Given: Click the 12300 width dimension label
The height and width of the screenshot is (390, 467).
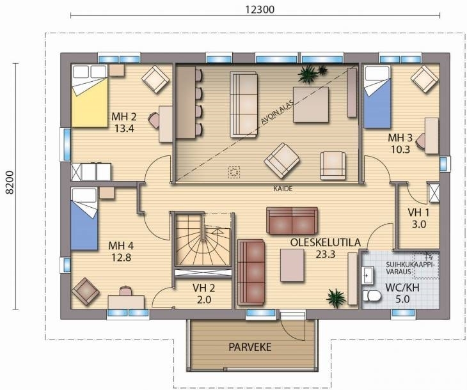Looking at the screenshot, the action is click(260, 10).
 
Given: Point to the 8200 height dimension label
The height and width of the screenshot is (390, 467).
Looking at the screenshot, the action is click(10, 182).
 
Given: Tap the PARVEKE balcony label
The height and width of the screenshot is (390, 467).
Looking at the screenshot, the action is click(250, 347).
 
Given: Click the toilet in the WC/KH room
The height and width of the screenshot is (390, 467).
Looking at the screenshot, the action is click(372, 296).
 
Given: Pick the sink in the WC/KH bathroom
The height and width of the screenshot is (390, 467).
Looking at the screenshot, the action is click(367, 276).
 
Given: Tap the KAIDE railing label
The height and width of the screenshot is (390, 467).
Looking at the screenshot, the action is click(283, 189).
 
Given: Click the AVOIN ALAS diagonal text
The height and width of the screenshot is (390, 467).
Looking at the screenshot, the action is click(277, 111).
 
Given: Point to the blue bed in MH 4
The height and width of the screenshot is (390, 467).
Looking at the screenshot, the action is click(84, 219).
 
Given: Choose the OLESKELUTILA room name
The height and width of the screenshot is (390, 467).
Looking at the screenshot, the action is click(325, 242).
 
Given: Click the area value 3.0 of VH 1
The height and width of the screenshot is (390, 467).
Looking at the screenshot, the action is click(419, 224).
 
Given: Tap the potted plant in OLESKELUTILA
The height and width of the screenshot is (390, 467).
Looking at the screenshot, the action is click(336, 297).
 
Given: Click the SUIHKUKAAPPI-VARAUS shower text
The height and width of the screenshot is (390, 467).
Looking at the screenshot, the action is click(410, 268).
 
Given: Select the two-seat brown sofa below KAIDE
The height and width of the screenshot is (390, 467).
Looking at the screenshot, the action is click(292, 221).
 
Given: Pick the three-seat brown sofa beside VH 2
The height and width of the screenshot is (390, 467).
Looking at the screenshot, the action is click(251, 272).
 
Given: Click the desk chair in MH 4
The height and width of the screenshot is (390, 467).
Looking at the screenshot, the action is click(125, 290).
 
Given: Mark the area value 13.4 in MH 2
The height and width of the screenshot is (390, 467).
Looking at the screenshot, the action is click(124, 129).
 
